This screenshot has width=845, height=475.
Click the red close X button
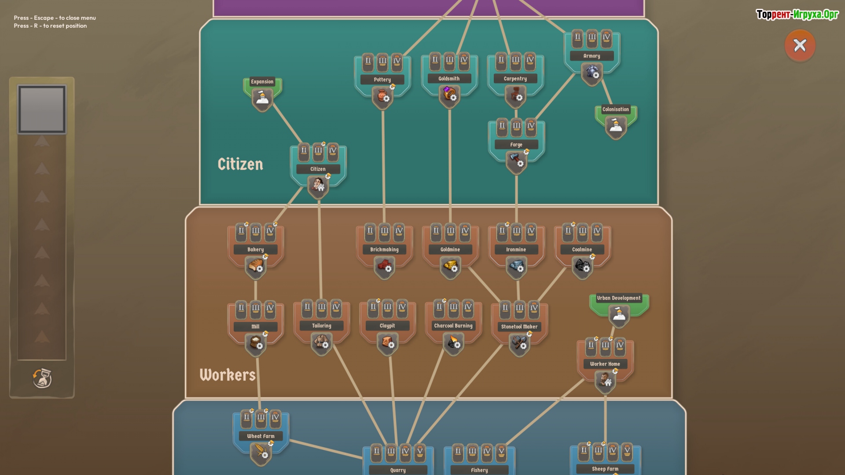(800, 45)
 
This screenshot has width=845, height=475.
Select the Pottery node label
(382, 80)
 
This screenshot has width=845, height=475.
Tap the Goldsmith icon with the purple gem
(449, 95)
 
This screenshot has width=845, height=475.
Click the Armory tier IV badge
(606, 38)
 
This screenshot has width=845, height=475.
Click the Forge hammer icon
(516, 161)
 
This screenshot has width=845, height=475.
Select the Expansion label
(262, 82)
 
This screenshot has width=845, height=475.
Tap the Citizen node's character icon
(318, 185)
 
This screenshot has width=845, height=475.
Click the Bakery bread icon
(255, 266)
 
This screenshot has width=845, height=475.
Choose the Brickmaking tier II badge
(370, 231)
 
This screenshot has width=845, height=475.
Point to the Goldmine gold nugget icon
(450, 266)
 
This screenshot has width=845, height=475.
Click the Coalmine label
(582, 249)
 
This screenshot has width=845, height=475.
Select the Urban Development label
(618, 298)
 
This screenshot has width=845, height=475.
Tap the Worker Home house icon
(605, 380)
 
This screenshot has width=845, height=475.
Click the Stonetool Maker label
(519, 327)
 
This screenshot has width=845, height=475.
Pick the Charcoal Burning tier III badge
(453, 308)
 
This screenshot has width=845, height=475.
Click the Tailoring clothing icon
(322, 342)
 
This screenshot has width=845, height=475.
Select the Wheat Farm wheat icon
(261, 452)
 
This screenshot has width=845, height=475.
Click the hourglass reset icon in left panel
(42, 378)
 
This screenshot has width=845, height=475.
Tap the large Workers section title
(228, 375)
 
